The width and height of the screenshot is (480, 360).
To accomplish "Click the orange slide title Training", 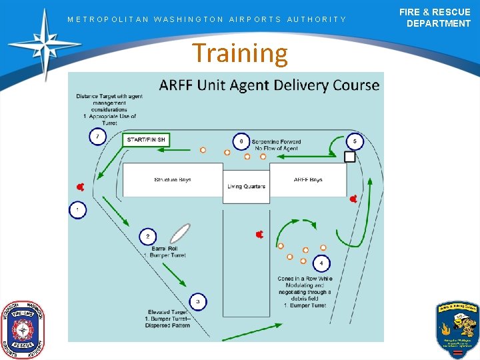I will pos(240,53).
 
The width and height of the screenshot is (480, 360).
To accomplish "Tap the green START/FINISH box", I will pos(147,140).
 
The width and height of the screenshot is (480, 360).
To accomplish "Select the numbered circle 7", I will pos(97,137).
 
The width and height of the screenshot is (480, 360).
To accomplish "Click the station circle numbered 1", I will pos(77,210).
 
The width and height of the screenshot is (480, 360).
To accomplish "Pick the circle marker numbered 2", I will pos(148,237).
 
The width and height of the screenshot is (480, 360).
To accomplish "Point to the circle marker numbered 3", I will pos(197,302).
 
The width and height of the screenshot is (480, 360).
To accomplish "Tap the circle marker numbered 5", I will pos(355,141).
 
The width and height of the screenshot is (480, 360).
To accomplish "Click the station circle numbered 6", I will pos(241,141).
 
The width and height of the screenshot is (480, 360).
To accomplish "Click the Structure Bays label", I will pos(172,180).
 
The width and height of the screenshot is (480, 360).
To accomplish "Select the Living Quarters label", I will pos(247,187).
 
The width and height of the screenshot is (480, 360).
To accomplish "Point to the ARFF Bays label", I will pos(308,180).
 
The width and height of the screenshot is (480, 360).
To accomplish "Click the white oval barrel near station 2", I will pos(179,233).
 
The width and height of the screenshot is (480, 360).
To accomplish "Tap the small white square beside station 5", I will pos(349,157).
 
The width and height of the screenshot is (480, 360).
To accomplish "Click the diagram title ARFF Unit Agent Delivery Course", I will pos(269,85).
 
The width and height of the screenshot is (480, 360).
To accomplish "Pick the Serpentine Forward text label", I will pos(276,142).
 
